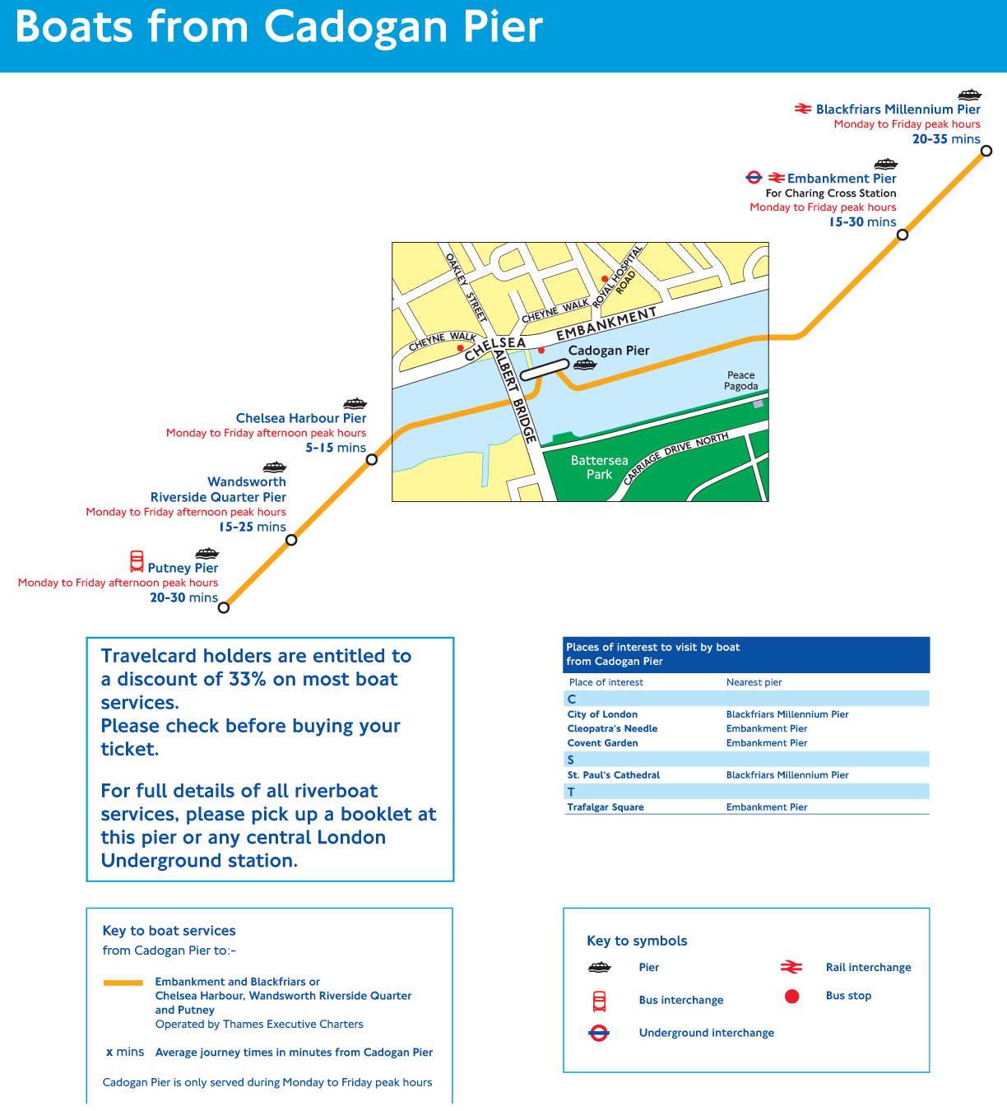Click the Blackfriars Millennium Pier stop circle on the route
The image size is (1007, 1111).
coord(986,151)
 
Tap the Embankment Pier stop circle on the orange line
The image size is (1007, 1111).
coord(903,235)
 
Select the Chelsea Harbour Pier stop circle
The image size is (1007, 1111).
coord(372,459)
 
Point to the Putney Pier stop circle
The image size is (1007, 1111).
coord(224,607)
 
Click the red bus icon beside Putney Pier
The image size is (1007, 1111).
coord(137,562)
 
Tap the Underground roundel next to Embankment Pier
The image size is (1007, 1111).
coord(754,178)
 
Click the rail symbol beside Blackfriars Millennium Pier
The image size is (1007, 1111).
coord(803,109)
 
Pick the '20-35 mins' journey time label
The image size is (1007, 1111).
coord(946,139)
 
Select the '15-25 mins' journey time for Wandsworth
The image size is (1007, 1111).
coord(252,527)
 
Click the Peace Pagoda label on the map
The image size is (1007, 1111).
coord(740,380)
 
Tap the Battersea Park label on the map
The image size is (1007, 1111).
coord(599,467)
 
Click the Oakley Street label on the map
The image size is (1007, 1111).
coord(466,286)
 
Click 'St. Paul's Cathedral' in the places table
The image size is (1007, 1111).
coord(613,775)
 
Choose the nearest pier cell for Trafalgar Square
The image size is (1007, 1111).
coord(766,807)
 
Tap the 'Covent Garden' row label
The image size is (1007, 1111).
coord(602,743)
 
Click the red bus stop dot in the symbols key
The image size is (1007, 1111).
coord(791,997)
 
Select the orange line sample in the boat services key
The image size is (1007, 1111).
coord(123,983)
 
